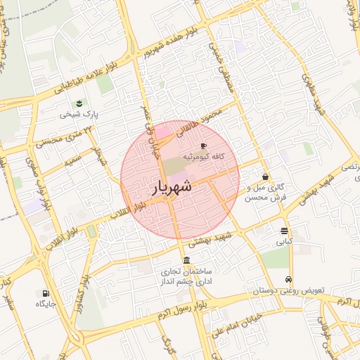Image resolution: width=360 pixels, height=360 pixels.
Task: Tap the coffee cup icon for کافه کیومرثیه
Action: click(204, 146)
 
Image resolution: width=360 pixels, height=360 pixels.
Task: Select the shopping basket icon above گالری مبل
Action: click(265, 177)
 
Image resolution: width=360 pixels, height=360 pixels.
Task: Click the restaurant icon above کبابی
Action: click(284, 231)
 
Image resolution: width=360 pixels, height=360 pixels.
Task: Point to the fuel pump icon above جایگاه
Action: click(46, 293)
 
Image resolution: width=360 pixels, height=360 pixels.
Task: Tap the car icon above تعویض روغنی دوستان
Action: click(288, 279)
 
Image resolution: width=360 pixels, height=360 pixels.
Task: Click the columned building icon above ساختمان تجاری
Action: click(186, 260)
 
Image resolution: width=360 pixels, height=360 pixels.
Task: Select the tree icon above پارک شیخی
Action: click(79, 103)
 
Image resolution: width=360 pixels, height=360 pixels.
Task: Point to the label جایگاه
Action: click(46, 304)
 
